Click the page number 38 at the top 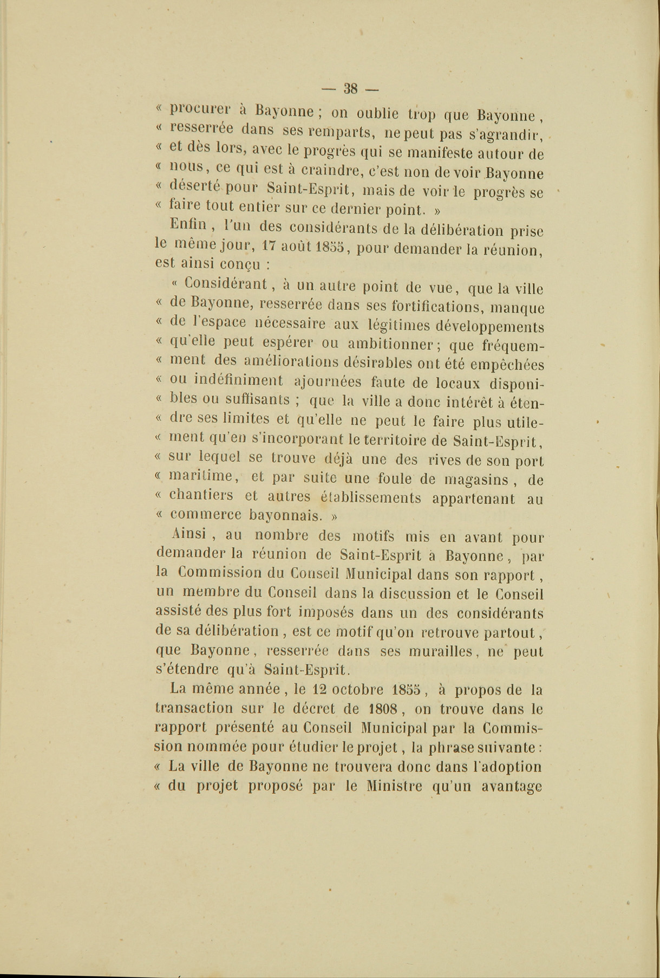point(351,88)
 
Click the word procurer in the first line point(199,111)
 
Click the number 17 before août point(270,245)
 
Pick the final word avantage point(512,786)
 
